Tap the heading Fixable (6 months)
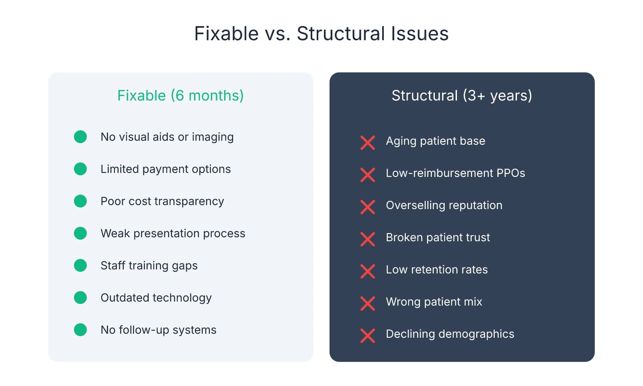pyautogui.click(x=180, y=96)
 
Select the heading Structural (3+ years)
pyautogui.click(x=462, y=96)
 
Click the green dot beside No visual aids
pyautogui.click(x=80, y=137)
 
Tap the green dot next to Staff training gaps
pyautogui.click(x=80, y=265)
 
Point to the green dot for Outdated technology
pyautogui.click(x=80, y=298)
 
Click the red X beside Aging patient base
pyautogui.click(x=368, y=143)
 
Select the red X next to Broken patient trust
pyautogui.click(x=368, y=239)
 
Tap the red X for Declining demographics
pyautogui.click(x=368, y=336)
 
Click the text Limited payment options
pyautogui.click(x=166, y=169)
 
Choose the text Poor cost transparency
pyautogui.click(x=162, y=201)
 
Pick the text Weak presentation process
pyautogui.click(x=173, y=233)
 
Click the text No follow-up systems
pyautogui.click(x=158, y=330)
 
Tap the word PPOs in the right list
pyautogui.click(x=510, y=173)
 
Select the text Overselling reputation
pyautogui.click(x=444, y=205)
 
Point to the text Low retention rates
pyautogui.click(x=436, y=269)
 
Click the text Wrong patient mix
pyautogui.click(x=434, y=302)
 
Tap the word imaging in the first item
pyautogui.click(x=213, y=137)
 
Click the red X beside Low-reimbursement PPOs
pyautogui.click(x=368, y=175)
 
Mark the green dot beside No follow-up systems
pyautogui.click(x=80, y=330)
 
